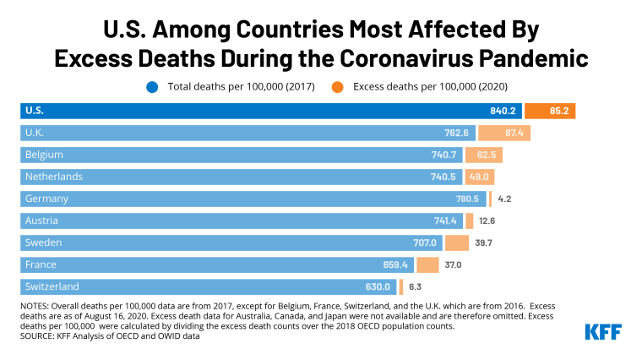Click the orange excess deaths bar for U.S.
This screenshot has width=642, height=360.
pyautogui.click(x=550, y=111)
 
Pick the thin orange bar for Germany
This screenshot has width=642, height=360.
pyautogui.click(x=490, y=199)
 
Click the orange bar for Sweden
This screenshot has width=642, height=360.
pyautogui.click(x=457, y=243)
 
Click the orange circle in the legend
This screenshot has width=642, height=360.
pyautogui.click(x=336, y=85)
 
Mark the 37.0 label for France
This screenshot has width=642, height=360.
pyautogui.click(x=454, y=265)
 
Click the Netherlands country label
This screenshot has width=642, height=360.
pyautogui.click(x=55, y=177)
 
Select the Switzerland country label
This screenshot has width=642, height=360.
pyautogui.click(x=52, y=286)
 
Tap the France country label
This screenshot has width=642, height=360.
pyautogui.click(x=41, y=265)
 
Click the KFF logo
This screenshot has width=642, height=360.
pyautogui.click(x=602, y=331)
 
